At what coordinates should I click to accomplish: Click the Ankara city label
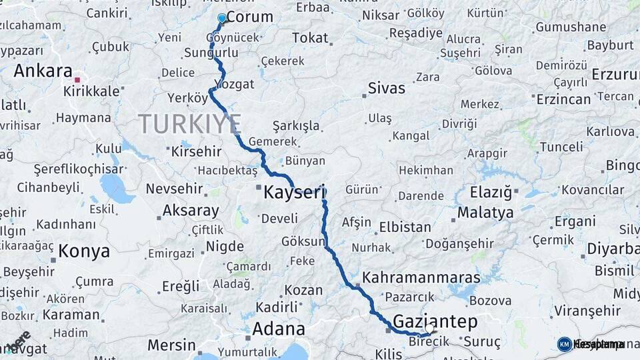coord(43,71)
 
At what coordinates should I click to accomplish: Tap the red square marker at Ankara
coord(77,80)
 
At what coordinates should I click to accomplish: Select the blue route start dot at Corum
coord(222,18)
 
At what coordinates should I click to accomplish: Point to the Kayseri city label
coord(294,193)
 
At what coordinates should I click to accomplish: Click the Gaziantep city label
coord(435,322)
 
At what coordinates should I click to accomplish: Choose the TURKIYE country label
coord(189,124)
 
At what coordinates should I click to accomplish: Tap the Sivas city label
coord(387,87)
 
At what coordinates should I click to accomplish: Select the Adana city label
coord(278,329)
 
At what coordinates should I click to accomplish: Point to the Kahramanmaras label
coord(421,277)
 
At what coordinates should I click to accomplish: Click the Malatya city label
coord(485,213)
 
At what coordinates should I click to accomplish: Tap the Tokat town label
coord(310,38)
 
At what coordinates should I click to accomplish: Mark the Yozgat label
coord(235,85)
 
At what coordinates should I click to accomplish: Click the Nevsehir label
coord(174,189)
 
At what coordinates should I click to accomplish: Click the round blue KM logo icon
coord(564,344)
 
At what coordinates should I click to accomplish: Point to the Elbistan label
coord(405,227)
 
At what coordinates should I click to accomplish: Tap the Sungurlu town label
coord(211,52)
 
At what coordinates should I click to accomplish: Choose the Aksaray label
coord(191,211)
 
